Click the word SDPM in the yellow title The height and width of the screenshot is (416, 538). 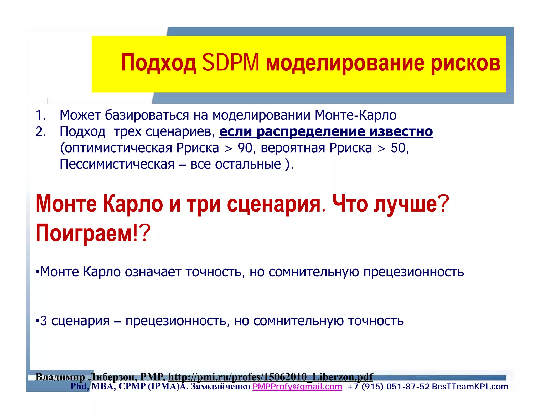[x=231, y=63]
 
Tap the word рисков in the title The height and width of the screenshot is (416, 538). [x=465, y=63]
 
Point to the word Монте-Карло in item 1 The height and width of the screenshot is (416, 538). [x=355, y=115]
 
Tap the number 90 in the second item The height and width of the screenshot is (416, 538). [x=245, y=148]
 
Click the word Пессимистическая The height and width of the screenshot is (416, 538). [x=117, y=164]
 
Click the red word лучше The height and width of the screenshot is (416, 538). [x=405, y=204]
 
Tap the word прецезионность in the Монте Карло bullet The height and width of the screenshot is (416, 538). [x=413, y=272]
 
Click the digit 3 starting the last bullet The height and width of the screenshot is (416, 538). [x=44, y=321]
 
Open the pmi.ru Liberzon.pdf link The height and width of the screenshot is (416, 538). [x=270, y=377]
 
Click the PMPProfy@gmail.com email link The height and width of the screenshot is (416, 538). [x=297, y=387]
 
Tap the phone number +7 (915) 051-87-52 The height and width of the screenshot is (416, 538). [x=388, y=387]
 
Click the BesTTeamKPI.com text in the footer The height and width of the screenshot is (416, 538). [x=470, y=387]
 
